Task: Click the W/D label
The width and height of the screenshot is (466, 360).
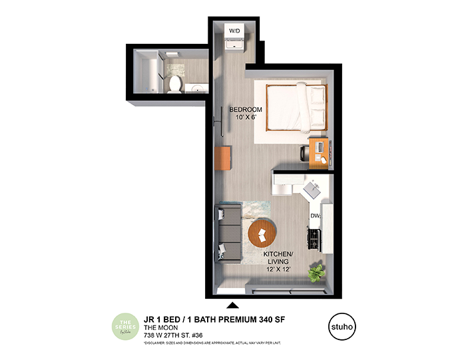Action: tap(234, 31)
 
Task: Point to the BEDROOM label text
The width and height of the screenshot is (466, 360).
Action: tap(246, 109)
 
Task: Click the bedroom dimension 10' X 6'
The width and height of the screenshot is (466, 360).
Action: tap(246, 118)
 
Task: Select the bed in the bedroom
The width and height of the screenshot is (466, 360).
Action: tap(296, 108)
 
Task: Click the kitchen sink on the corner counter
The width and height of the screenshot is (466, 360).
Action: tap(312, 191)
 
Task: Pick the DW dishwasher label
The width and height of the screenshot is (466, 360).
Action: tap(315, 216)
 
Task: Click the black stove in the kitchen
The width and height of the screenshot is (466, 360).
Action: tap(314, 238)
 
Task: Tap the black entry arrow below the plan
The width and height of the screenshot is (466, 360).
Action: tap(232, 305)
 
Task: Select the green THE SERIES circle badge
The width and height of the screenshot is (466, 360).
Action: tap(125, 326)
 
